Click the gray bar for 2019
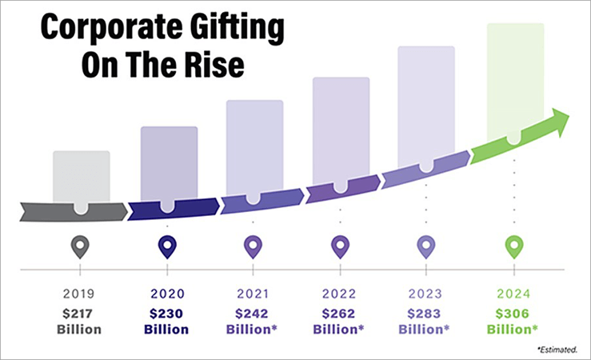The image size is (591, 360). (81, 175)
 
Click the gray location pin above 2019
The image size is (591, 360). (81, 246)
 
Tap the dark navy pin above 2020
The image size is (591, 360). (167, 246)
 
